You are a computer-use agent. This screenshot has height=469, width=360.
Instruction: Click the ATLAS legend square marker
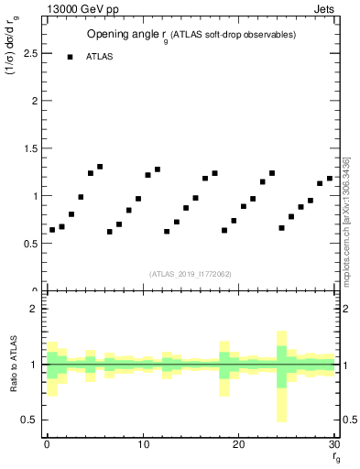pyautogui.click(x=70, y=56)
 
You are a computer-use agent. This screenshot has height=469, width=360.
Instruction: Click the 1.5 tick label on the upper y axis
pyautogui.click(x=29, y=148)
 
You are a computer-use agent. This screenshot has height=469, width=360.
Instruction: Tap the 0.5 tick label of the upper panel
pyautogui.click(x=29, y=244)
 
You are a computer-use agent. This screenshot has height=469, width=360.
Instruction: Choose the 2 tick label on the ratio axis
pyautogui.click(x=32, y=309)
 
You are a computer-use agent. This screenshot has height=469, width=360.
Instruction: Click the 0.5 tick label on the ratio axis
pyautogui.click(x=29, y=420)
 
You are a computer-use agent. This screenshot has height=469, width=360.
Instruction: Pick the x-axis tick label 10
pyautogui.click(x=143, y=445)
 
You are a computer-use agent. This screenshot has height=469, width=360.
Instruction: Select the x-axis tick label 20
pyautogui.click(x=238, y=445)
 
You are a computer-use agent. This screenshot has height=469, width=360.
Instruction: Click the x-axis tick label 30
pyautogui.click(x=334, y=445)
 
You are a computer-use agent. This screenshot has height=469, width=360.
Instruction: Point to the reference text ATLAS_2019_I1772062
pyautogui.click(x=190, y=273)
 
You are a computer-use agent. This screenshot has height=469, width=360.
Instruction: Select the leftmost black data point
pyautogui.click(x=52, y=230)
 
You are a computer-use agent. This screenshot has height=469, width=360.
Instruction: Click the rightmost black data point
pyautogui.click(x=330, y=179)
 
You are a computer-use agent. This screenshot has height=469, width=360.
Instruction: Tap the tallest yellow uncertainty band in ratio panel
pyautogui.click(x=281, y=376)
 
